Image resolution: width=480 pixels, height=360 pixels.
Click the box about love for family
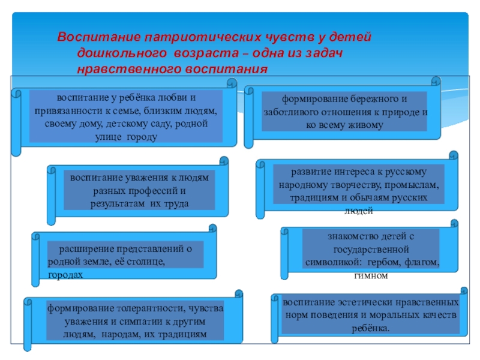126,116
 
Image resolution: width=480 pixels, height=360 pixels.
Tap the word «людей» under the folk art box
360,211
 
